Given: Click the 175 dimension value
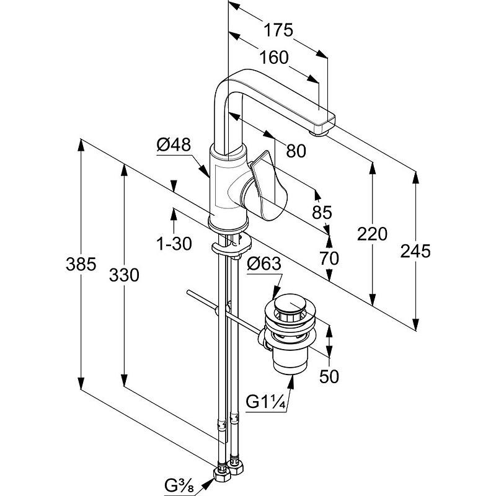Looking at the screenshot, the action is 278,30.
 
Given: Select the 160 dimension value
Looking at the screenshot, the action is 274,58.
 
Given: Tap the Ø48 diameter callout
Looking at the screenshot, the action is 174,145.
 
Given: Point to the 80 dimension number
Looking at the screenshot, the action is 296,151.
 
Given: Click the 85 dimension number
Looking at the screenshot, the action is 322,212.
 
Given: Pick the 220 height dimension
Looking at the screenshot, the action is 372,234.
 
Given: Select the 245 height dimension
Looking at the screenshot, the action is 415,251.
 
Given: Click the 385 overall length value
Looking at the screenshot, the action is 81,264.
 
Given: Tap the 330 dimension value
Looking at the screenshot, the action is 124,275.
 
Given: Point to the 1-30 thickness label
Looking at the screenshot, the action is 174,244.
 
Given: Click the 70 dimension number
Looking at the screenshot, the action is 329,258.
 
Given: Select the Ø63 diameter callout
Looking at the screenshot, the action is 264,264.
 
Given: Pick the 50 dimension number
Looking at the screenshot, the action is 329,376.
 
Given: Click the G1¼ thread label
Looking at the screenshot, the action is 266,402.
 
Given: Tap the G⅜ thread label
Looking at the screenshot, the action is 179,486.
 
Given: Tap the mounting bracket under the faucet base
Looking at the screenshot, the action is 231,246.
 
